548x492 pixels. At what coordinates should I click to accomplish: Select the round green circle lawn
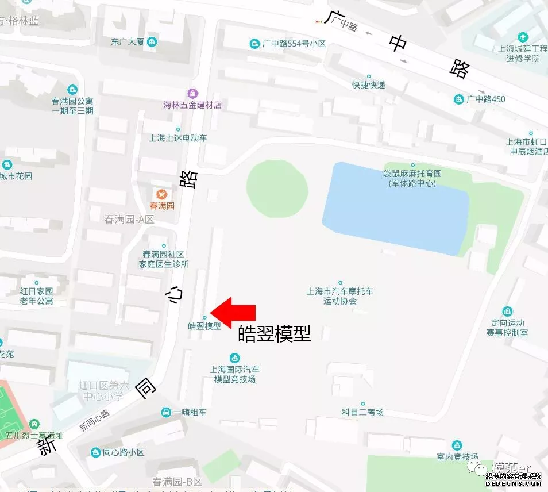pyautogui.click(x=277, y=189)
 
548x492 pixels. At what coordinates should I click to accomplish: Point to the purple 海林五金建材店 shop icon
pyautogui.click(x=192, y=93)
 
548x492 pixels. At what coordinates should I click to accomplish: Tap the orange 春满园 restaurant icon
pyautogui.click(x=162, y=194)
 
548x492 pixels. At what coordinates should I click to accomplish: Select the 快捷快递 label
pyautogui.click(x=368, y=84)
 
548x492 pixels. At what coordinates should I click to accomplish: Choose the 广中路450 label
pyautogui.click(x=485, y=99)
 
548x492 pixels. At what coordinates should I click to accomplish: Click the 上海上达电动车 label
pyautogui.click(x=178, y=138)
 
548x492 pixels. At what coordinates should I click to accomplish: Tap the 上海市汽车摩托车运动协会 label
pyautogui.click(x=340, y=296)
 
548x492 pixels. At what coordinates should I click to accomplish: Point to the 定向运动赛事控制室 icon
pyautogui.click(x=507, y=311)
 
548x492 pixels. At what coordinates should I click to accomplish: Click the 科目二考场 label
pyautogui.click(x=362, y=412)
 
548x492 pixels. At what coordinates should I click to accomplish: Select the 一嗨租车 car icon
pyautogui.click(x=166, y=412)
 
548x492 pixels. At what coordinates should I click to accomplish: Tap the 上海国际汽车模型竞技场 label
pyautogui.click(x=234, y=374)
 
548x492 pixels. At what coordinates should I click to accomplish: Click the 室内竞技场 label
pyautogui.click(x=457, y=457)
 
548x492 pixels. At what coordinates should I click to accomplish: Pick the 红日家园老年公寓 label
pyautogui.click(x=37, y=296)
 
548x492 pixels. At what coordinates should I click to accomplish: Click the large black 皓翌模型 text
pyautogui.click(x=274, y=334)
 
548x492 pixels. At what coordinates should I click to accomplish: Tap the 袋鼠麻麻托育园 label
pyautogui.click(x=412, y=178)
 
